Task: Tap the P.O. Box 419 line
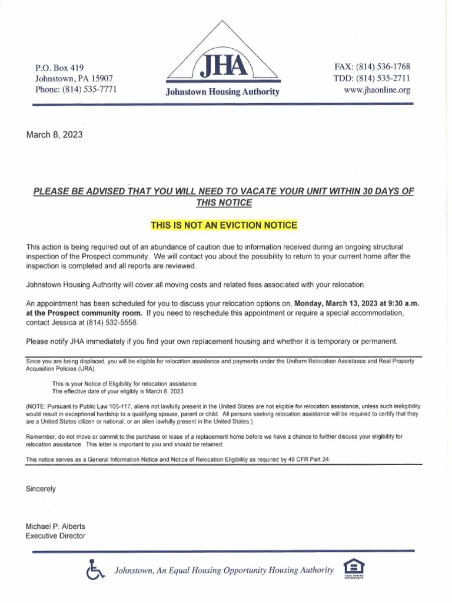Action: (63, 68)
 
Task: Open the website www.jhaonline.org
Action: (377, 90)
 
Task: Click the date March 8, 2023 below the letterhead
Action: (55, 134)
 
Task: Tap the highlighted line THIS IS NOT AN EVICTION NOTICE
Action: (225, 226)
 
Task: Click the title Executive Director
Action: (56, 536)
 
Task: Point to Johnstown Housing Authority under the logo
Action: (222, 92)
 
